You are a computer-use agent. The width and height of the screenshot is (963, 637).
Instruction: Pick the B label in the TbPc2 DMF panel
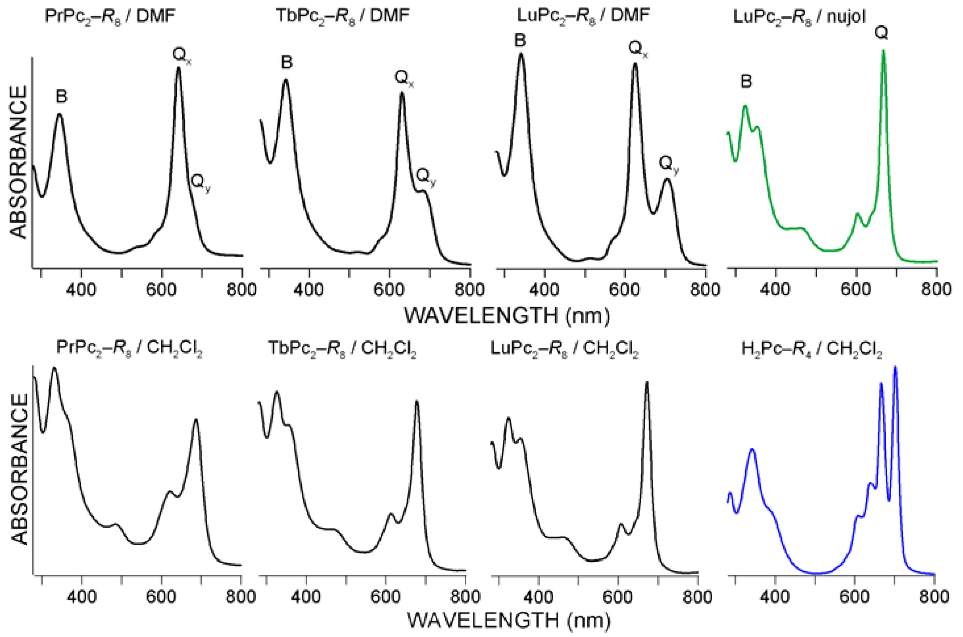(287, 63)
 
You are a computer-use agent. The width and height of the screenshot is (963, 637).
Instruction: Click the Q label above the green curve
(881, 33)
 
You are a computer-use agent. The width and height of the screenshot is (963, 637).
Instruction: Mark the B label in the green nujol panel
(746, 82)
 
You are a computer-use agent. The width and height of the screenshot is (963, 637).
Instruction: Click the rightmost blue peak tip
(895, 368)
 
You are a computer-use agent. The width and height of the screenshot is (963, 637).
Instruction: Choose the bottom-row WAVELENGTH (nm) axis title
(508, 620)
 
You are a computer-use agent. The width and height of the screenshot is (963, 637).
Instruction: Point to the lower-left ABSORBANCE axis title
(18, 469)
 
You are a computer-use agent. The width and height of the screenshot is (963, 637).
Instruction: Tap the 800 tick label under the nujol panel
(936, 290)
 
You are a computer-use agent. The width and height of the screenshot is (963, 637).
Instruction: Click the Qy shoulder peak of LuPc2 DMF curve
(667, 179)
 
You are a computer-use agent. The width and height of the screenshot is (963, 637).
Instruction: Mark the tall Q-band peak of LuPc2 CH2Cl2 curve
(647, 383)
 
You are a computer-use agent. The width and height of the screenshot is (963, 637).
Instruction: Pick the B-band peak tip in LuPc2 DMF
(521, 54)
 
